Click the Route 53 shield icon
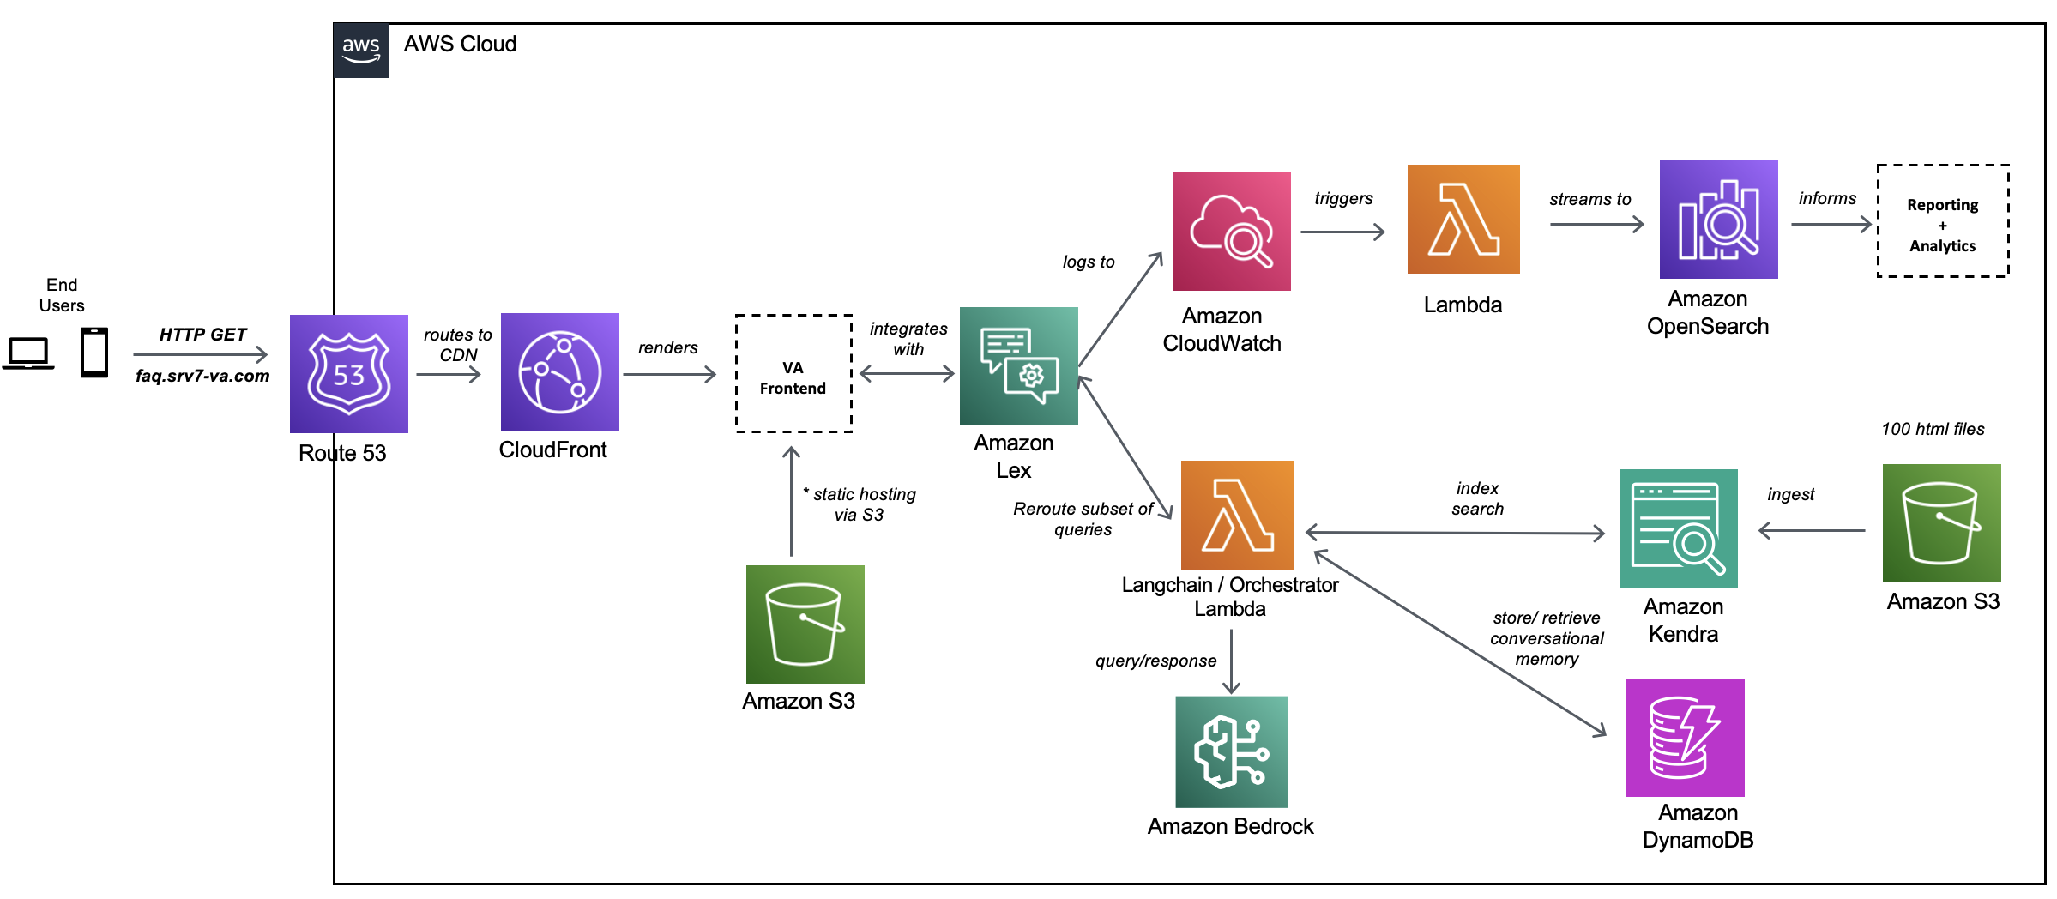[348, 373]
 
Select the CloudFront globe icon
[559, 371]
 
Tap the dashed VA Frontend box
[793, 374]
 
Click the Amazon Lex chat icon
[1018, 366]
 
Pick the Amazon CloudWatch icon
[1231, 232]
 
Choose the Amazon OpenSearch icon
[1718, 220]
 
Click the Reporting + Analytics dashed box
[1943, 221]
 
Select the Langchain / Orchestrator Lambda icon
[1237, 515]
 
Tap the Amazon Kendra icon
[1678, 528]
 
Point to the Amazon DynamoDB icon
[1685, 738]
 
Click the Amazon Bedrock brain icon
[1231, 751]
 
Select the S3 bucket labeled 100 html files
[1941, 523]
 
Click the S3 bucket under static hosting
[805, 624]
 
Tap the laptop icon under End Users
[28, 353]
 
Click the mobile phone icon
[94, 352]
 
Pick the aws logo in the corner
[361, 50]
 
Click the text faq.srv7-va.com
[202, 376]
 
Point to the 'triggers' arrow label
[1343, 199]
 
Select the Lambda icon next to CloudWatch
[1463, 220]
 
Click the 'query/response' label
[1155, 661]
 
